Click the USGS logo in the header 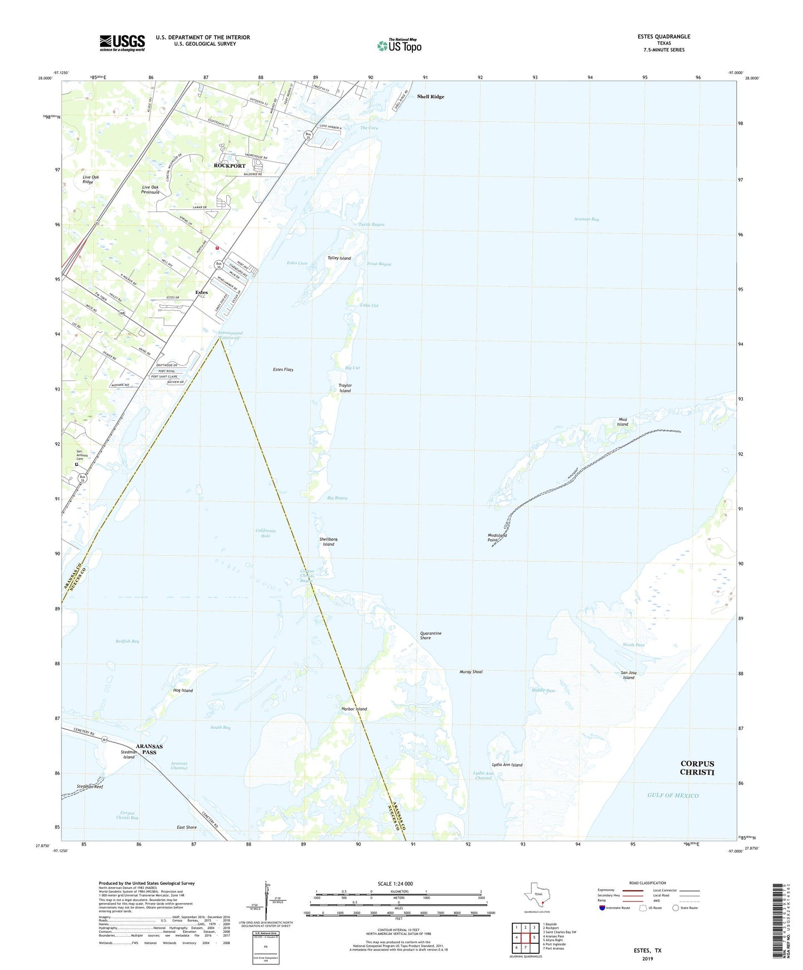tap(122, 43)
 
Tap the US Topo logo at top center tap(399, 46)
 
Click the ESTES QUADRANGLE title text tap(664, 37)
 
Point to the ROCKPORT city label tap(230, 166)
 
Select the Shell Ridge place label tap(431, 97)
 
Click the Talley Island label tap(339, 258)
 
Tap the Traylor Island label tap(345, 388)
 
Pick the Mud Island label tap(622, 422)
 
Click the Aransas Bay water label tap(586, 219)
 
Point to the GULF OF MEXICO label tap(672, 796)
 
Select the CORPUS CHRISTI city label tap(697, 768)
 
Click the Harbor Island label tap(354, 709)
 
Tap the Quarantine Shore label tap(431, 636)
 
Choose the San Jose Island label tap(629, 675)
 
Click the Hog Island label tap(183, 691)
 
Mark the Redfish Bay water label tap(127, 641)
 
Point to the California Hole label tap(266, 533)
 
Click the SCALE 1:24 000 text tap(395, 884)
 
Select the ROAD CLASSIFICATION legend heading tap(647, 883)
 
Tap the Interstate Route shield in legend tap(602, 908)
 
